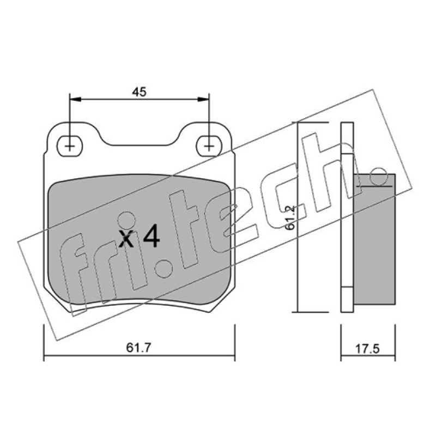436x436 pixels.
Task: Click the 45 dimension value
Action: tap(139, 92)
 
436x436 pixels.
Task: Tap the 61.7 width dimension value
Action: tap(138, 348)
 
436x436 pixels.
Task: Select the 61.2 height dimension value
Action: tap(290, 217)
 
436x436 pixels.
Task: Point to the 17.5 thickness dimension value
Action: tap(367, 349)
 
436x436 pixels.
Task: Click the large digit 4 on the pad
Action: tap(152, 237)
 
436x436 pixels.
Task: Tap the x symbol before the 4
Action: tap(126, 239)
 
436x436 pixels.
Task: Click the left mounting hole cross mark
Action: tap(70, 146)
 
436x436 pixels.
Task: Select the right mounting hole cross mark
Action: tap(209, 146)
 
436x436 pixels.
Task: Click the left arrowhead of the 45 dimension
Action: tap(75, 99)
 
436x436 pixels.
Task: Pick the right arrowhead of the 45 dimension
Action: tap(203, 99)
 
